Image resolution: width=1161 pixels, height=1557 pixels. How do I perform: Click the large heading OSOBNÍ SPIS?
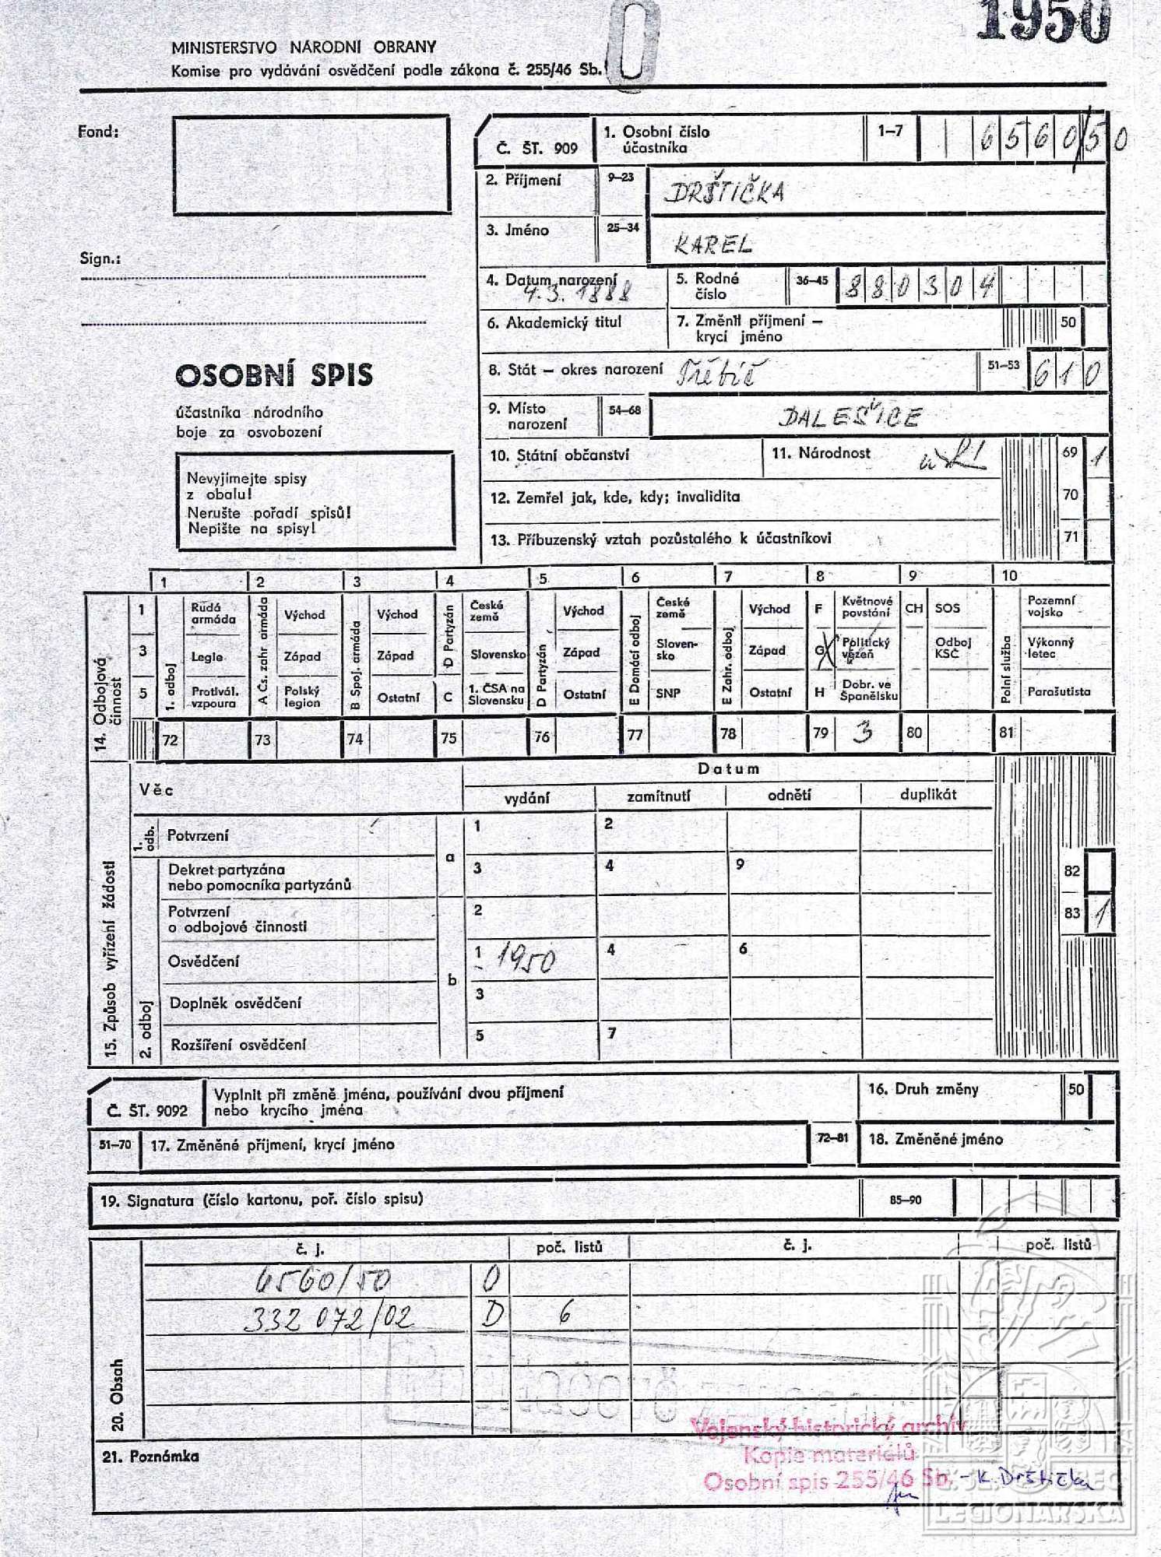coord(274,375)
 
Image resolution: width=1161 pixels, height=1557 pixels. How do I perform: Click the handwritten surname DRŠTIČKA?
coord(725,192)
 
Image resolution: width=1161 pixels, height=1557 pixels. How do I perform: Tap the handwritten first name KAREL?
coord(713,246)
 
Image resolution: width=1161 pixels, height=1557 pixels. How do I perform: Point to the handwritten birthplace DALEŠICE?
coord(850,418)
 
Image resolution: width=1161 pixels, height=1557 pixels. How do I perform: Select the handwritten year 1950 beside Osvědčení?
coord(526,961)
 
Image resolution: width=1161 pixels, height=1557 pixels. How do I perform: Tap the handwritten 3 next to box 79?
coord(862,733)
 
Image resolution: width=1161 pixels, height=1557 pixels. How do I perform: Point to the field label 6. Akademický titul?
coord(554,322)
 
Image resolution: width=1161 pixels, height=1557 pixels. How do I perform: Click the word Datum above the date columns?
coord(728,769)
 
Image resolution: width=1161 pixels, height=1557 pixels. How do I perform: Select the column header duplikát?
coord(927,794)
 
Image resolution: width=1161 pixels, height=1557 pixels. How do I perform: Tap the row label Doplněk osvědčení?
coord(235,1003)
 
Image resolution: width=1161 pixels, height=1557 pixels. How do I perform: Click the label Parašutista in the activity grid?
coord(1058,691)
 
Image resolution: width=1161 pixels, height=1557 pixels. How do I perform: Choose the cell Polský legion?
coord(302,696)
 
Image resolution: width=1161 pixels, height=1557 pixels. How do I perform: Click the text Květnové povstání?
coord(867,606)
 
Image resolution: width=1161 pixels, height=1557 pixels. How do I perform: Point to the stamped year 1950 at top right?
coord(1043,19)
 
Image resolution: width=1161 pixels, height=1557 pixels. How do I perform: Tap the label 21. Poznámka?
coord(150,1456)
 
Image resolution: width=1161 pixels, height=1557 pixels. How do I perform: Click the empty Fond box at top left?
coord(311,164)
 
